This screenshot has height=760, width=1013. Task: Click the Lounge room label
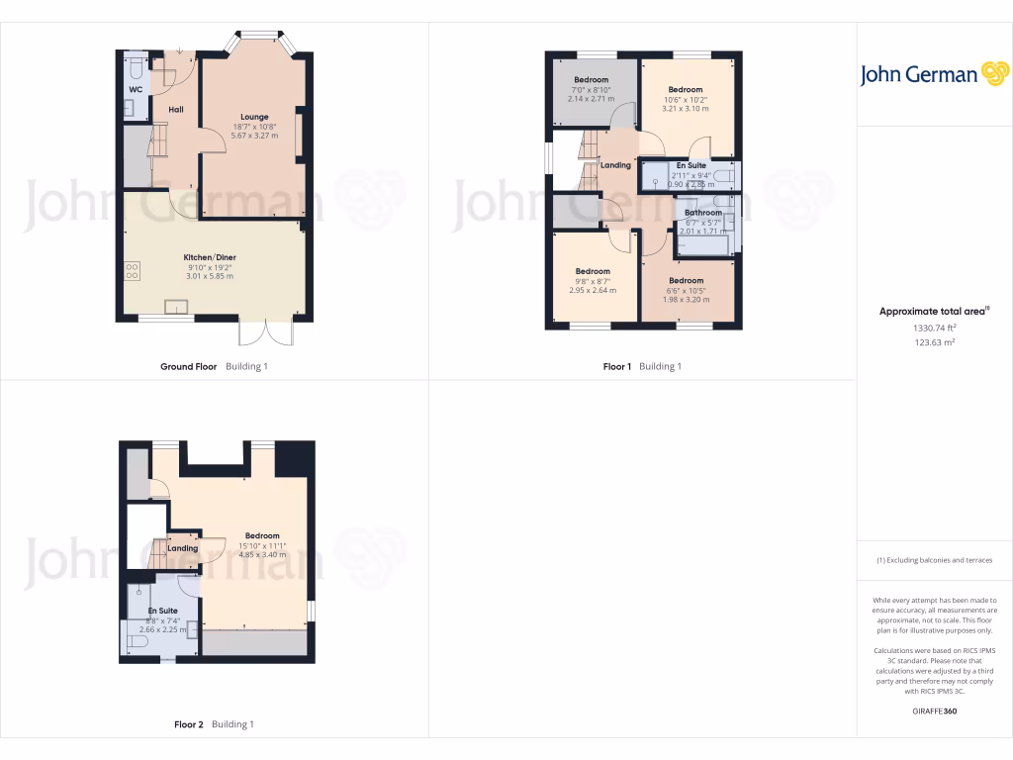[x=254, y=117]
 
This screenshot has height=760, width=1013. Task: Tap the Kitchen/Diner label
[x=210, y=257]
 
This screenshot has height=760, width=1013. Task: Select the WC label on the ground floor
[x=136, y=90]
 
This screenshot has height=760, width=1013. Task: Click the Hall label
[x=176, y=109]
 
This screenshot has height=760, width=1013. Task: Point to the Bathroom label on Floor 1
[x=703, y=213]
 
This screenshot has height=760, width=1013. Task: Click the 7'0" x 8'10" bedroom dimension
[x=591, y=90]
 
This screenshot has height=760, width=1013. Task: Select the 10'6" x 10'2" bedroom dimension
[x=686, y=100]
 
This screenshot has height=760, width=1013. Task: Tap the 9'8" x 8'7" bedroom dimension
[x=593, y=281]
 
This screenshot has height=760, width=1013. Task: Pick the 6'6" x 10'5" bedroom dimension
[x=686, y=291]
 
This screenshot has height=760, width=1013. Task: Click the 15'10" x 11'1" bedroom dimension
[x=262, y=545]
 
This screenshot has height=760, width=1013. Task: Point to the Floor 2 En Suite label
[x=163, y=611]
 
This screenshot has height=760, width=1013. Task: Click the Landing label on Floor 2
[x=183, y=548]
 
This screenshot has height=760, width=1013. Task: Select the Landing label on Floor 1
[x=615, y=165]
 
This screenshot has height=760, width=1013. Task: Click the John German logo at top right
[x=934, y=74]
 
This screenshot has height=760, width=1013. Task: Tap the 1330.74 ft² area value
[x=934, y=328]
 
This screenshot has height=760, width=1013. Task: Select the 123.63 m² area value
[x=934, y=342]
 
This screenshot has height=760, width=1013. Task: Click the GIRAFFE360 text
[x=934, y=712]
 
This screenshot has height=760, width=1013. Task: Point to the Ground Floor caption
[x=189, y=366]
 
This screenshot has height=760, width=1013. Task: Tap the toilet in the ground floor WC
[x=135, y=66]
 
